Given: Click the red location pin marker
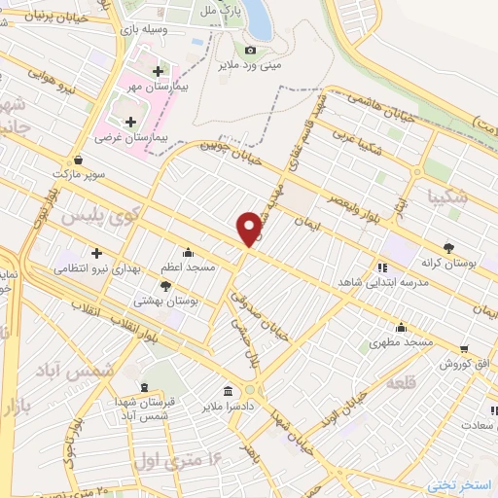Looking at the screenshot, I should click(250, 228).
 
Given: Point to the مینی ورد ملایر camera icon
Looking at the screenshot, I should click(250, 50).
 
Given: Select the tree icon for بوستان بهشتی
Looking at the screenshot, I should click(164, 286).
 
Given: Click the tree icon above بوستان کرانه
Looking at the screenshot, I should click(448, 247).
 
